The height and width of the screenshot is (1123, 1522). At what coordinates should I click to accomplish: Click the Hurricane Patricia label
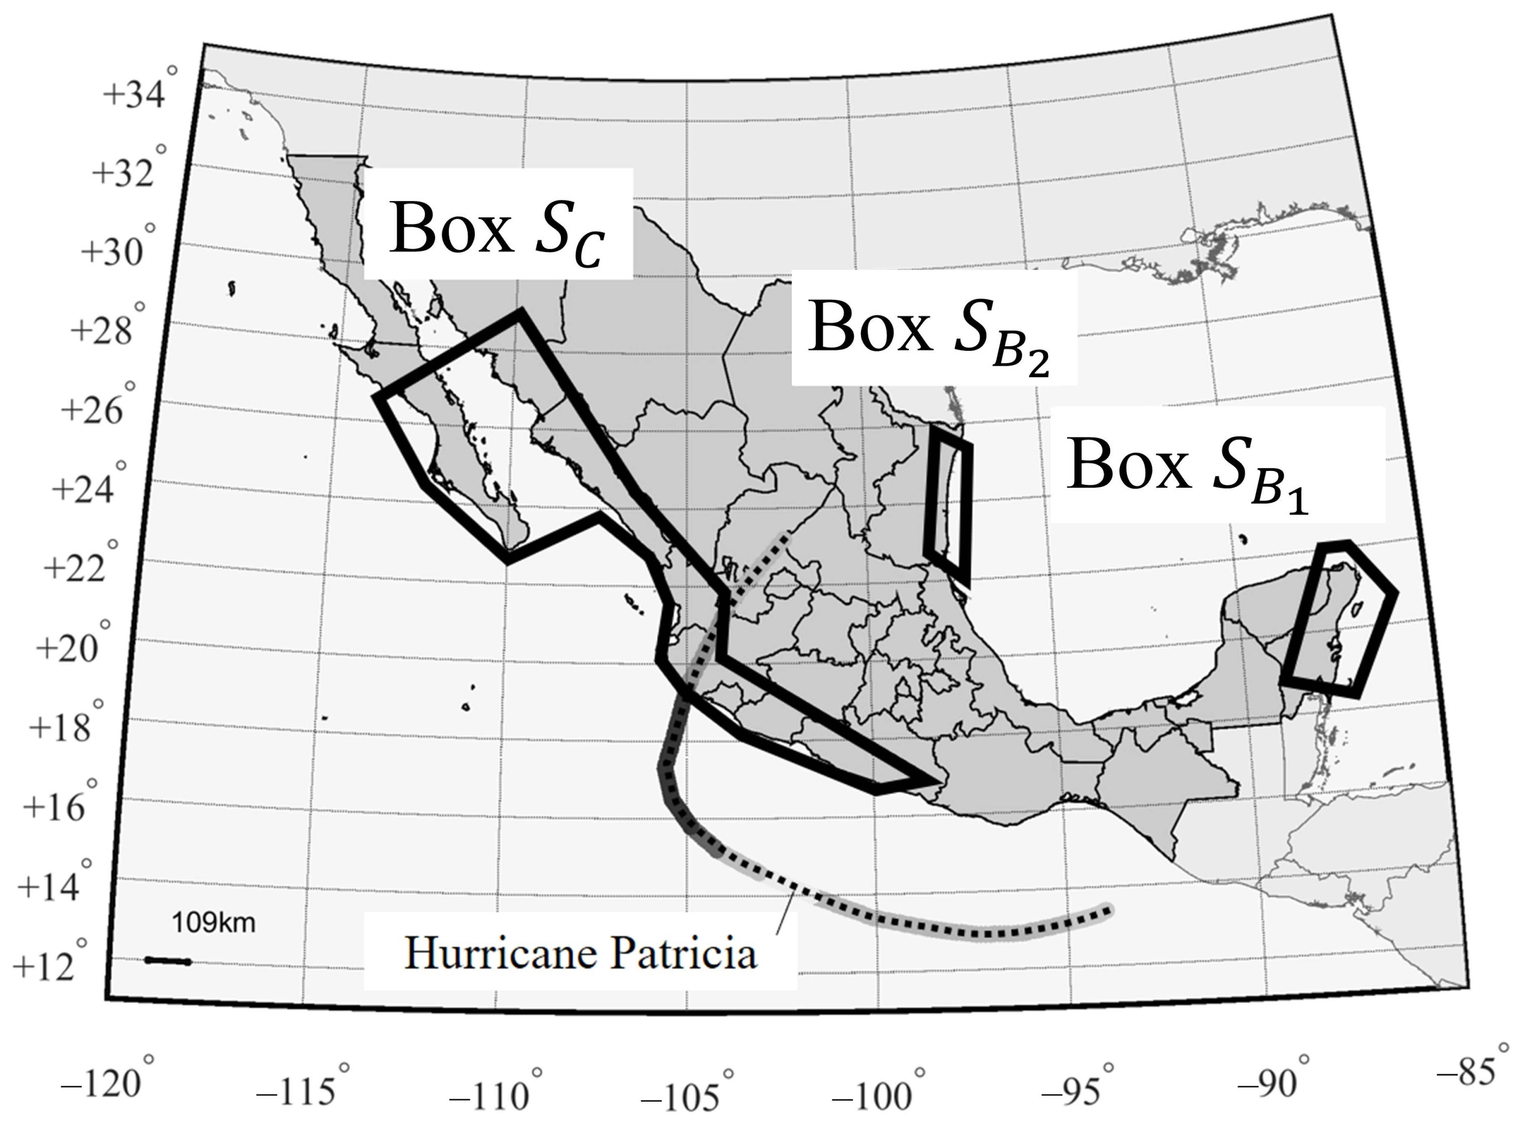[581, 953]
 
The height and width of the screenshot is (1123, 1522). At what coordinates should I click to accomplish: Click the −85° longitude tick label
[1468, 1072]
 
